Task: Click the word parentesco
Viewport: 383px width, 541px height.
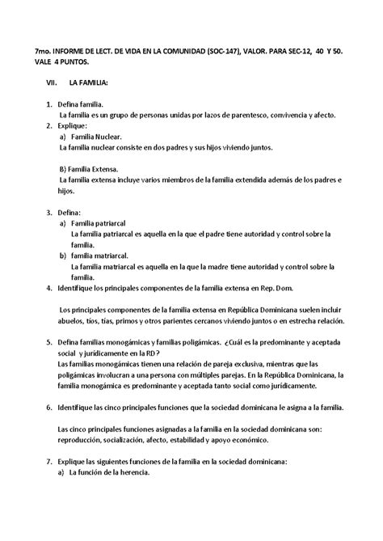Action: [x=216, y=115]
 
